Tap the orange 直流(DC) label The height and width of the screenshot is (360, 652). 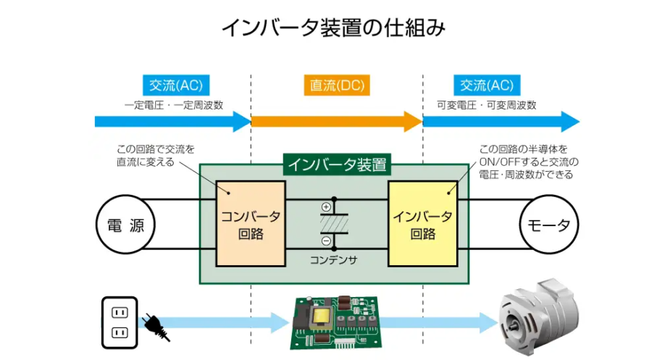pos(335,85)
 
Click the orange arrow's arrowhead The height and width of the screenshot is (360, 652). pos(413,121)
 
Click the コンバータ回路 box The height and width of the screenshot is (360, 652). pos(251,225)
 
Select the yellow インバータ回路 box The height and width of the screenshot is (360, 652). pos(422,225)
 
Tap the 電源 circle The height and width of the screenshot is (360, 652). pos(121,225)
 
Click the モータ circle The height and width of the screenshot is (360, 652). pos(549,225)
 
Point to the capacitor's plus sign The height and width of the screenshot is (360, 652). pos(326,207)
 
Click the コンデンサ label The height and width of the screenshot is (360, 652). pos(333,259)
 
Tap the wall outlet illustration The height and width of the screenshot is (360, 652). pos(118,323)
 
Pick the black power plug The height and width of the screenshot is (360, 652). pos(154,327)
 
